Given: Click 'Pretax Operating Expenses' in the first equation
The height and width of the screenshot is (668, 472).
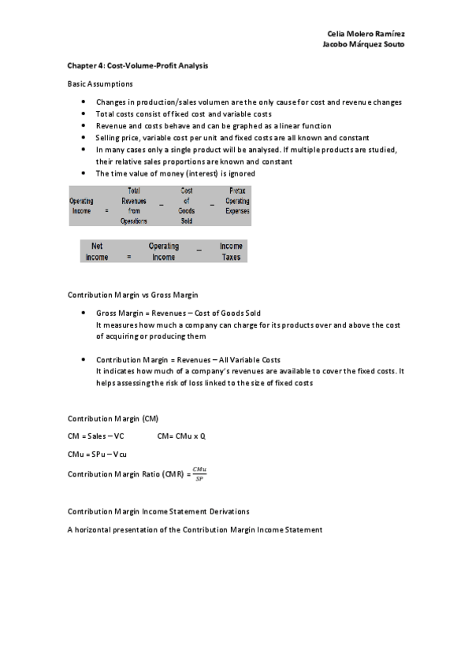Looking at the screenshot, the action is click(x=237, y=201).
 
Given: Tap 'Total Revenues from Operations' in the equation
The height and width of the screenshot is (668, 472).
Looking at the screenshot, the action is click(x=134, y=206).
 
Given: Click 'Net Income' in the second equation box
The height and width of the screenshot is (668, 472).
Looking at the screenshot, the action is click(x=97, y=251).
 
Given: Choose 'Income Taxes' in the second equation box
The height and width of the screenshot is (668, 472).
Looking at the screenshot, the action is click(x=231, y=251).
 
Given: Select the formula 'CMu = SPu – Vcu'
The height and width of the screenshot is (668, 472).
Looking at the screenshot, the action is click(x=98, y=455).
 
